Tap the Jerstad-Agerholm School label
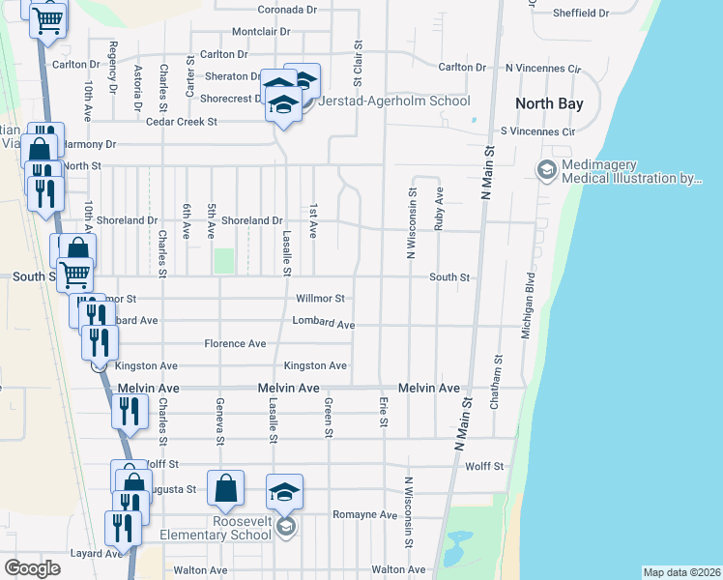[x=394, y=101]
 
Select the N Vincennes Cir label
[x=542, y=69]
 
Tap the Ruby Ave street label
[x=440, y=208]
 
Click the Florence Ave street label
[x=235, y=343]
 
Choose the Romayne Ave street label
[x=364, y=515]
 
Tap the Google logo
[x=32, y=568]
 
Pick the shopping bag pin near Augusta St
[x=225, y=489]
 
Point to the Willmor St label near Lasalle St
[x=320, y=299]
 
